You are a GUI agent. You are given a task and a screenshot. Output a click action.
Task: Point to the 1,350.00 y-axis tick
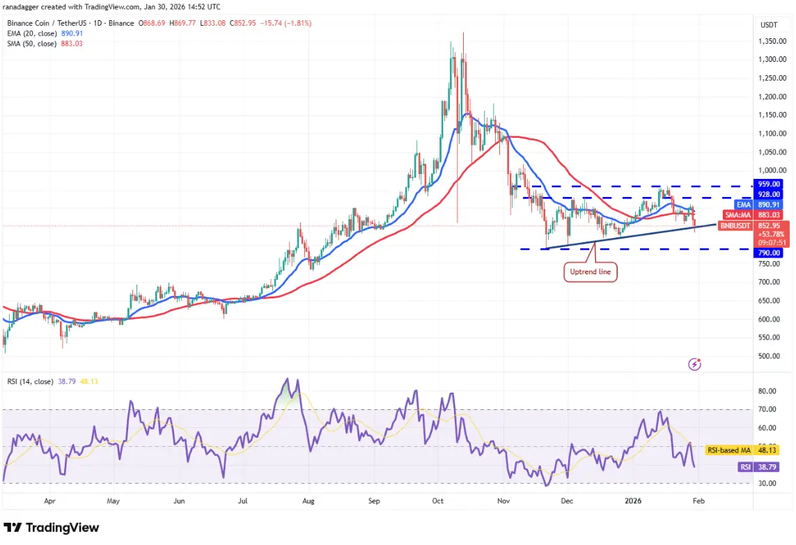772,41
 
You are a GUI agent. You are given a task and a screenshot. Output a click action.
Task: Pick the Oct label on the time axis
437,500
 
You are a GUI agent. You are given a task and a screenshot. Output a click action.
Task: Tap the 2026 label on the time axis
633,500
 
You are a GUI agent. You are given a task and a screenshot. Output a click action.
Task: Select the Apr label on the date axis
49,500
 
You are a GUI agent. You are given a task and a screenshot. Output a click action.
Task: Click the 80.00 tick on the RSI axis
767,391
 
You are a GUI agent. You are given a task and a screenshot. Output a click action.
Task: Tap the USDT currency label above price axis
768,24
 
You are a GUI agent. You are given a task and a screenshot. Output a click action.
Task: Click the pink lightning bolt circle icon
694,363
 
